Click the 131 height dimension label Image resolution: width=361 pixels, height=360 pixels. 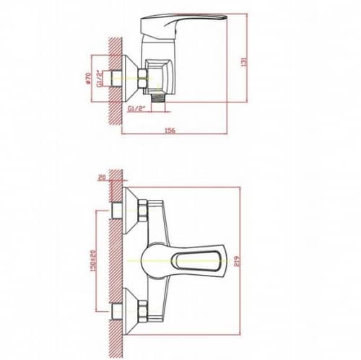pos(244,61)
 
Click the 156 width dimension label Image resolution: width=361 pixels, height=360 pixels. pos(170,131)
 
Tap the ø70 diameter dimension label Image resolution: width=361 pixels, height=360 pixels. pos(88,79)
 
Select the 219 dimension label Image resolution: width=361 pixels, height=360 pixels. pos(237,261)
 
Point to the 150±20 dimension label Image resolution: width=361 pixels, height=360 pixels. pos(93,261)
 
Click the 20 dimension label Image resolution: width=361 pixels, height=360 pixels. pos(102,178)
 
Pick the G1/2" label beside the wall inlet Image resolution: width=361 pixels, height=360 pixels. pos(100,79)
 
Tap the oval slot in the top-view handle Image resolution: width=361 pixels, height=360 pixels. pos(197,261)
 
